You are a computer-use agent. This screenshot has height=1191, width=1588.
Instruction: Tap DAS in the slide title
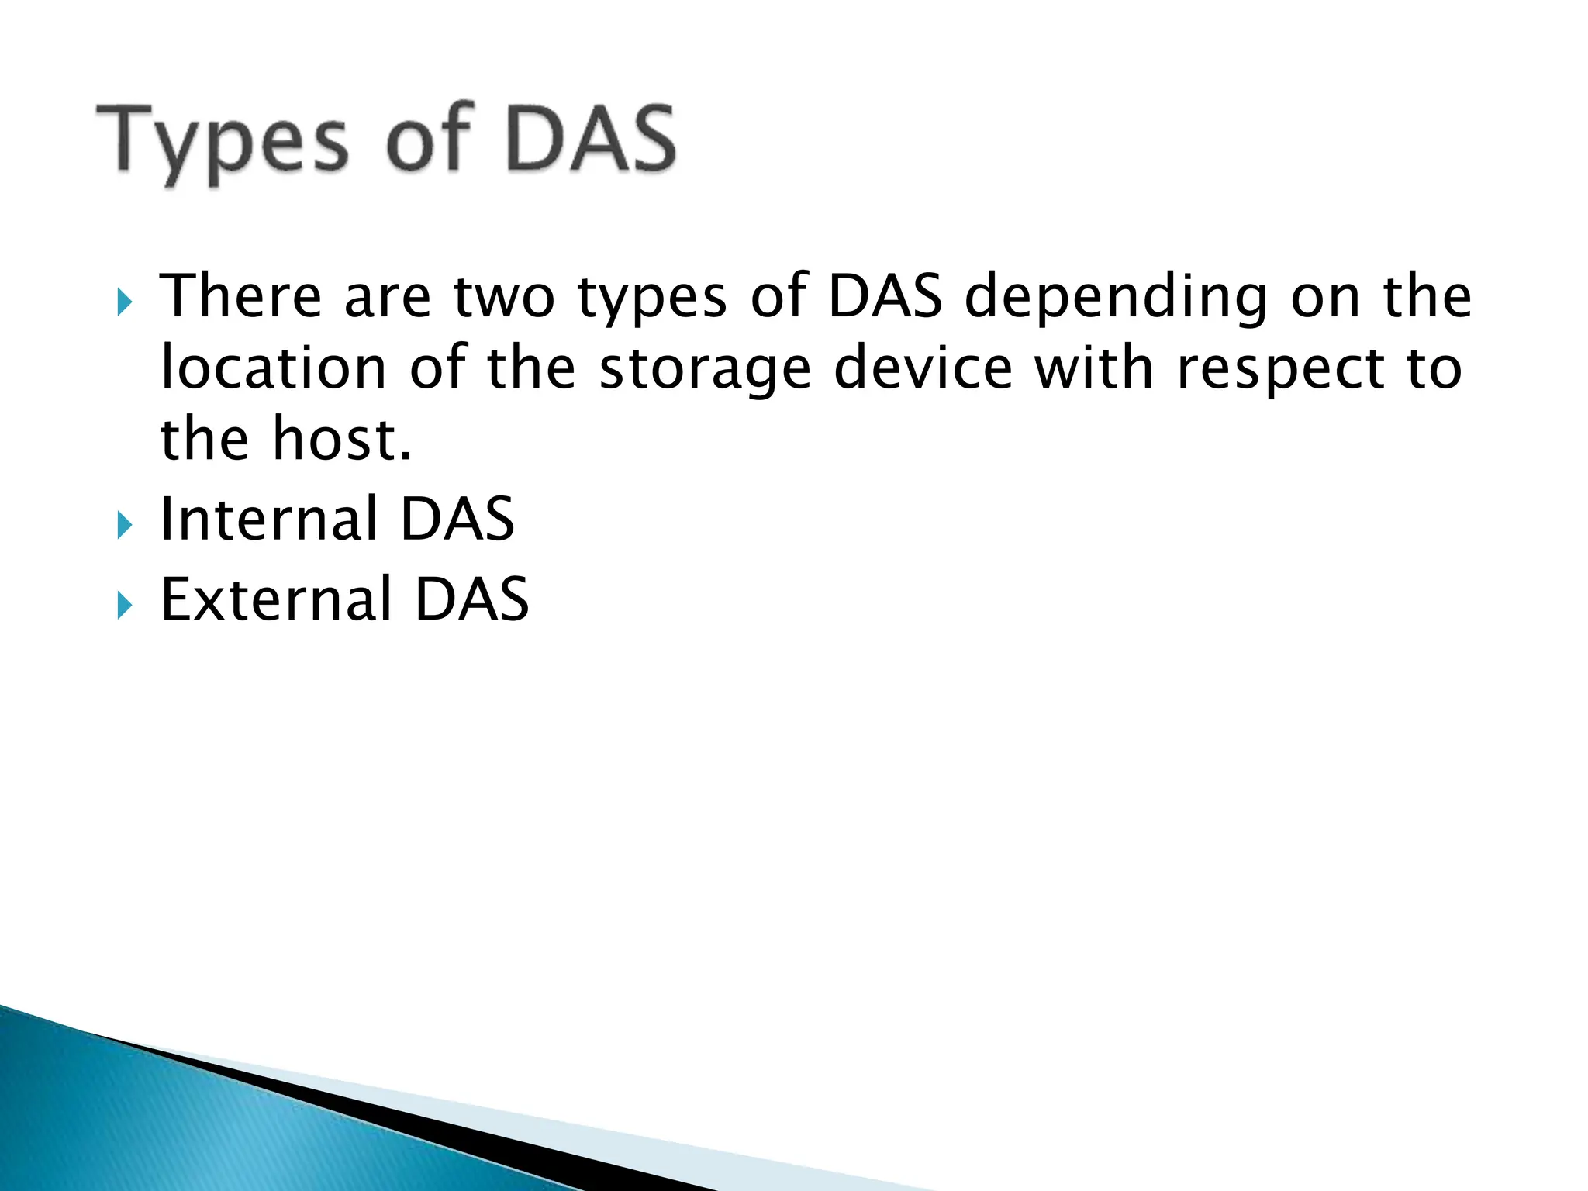coord(591,140)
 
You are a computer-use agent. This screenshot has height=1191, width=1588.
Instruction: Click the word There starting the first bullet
coord(240,296)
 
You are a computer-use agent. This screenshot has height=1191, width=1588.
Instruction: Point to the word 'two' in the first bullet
coord(504,298)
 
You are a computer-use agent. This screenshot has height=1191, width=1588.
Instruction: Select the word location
coord(273,368)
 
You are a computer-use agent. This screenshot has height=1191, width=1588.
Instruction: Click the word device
coord(923,368)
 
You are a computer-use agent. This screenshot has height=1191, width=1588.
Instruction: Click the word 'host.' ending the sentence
coord(342,439)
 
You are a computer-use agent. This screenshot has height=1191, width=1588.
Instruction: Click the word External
coord(276,599)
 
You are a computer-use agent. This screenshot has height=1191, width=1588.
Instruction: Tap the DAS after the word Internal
coord(457,519)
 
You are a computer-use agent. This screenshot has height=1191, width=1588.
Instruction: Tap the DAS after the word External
coord(471,599)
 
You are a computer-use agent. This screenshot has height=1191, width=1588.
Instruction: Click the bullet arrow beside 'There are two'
coord(124,302)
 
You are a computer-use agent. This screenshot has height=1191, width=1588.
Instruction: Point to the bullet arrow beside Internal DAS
coord(124,526)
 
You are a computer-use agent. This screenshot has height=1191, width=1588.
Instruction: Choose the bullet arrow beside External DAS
coord(124,606)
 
